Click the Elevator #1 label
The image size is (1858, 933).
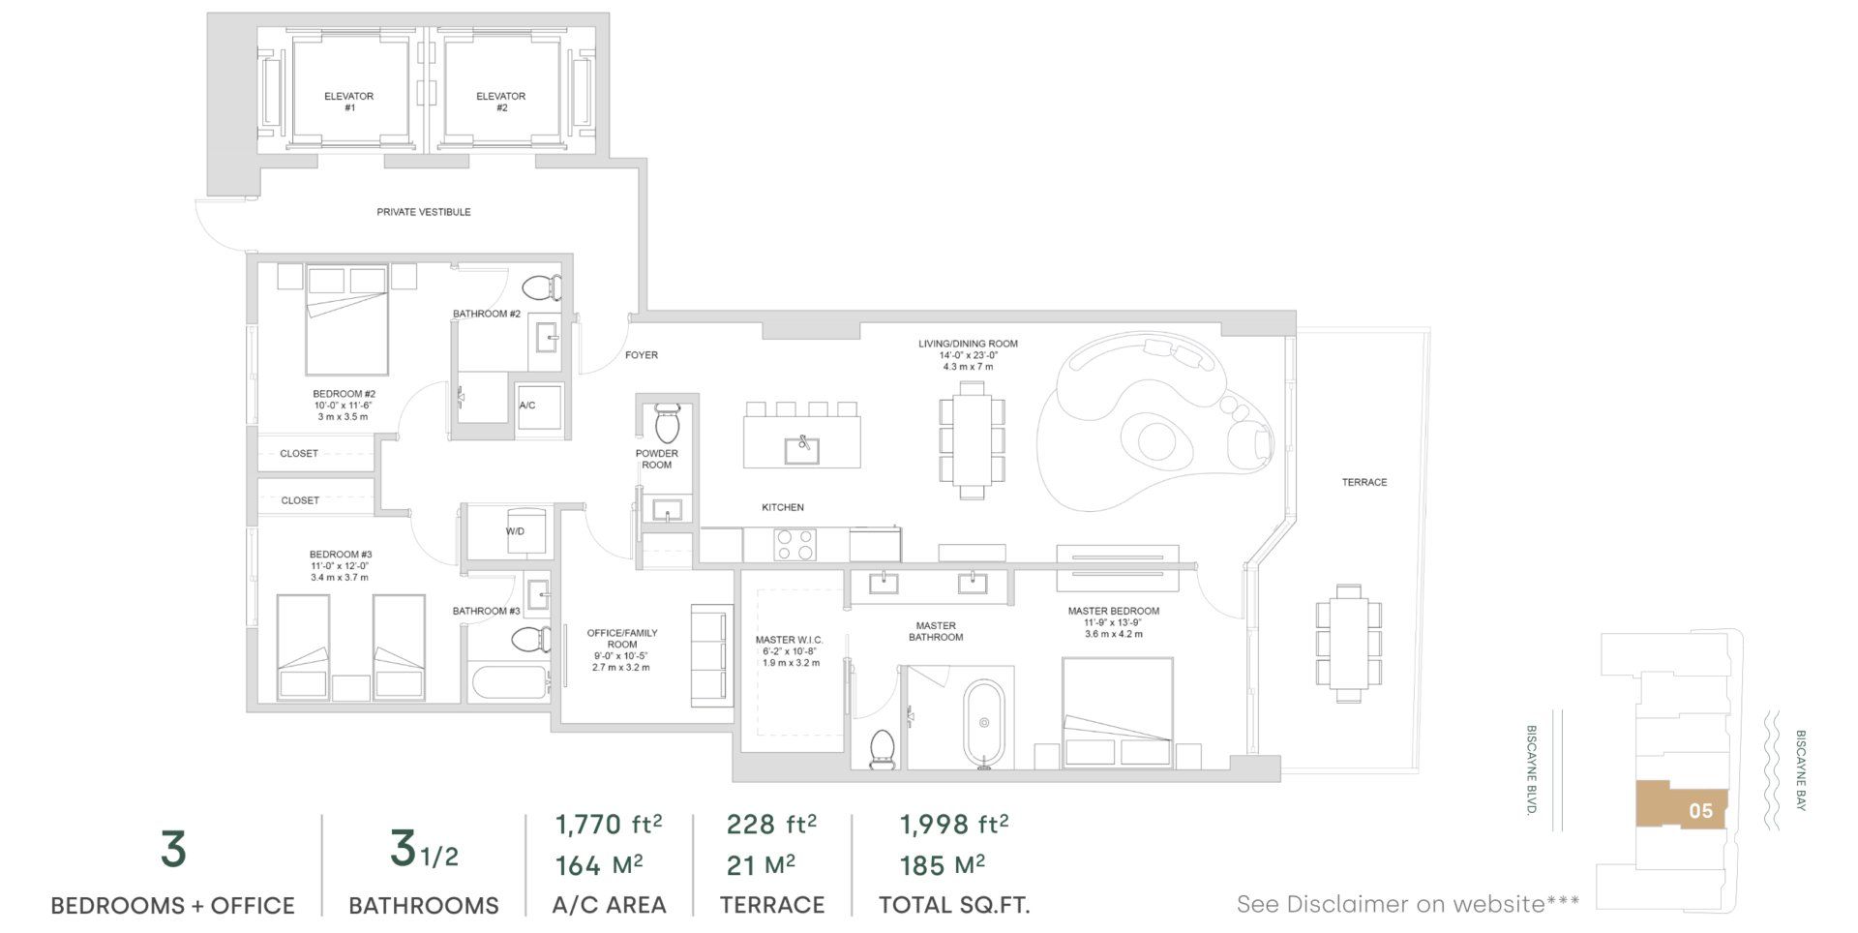[349, 102]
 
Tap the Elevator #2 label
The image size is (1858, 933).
[500, 102]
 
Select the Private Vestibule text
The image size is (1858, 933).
[424, 212]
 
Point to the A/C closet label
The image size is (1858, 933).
[527, 406]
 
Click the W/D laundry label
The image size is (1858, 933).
[515, 531]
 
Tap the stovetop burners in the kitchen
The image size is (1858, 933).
[795, 545]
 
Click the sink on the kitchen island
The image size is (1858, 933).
[802, 450]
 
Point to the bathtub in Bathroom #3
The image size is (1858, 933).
[511, 683]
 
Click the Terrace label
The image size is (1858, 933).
[1364, 482]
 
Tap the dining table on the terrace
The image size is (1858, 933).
[1348, 642]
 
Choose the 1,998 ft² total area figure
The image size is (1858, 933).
[954, 825]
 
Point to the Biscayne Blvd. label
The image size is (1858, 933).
[1531, 770]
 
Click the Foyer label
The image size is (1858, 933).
[642, 355]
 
